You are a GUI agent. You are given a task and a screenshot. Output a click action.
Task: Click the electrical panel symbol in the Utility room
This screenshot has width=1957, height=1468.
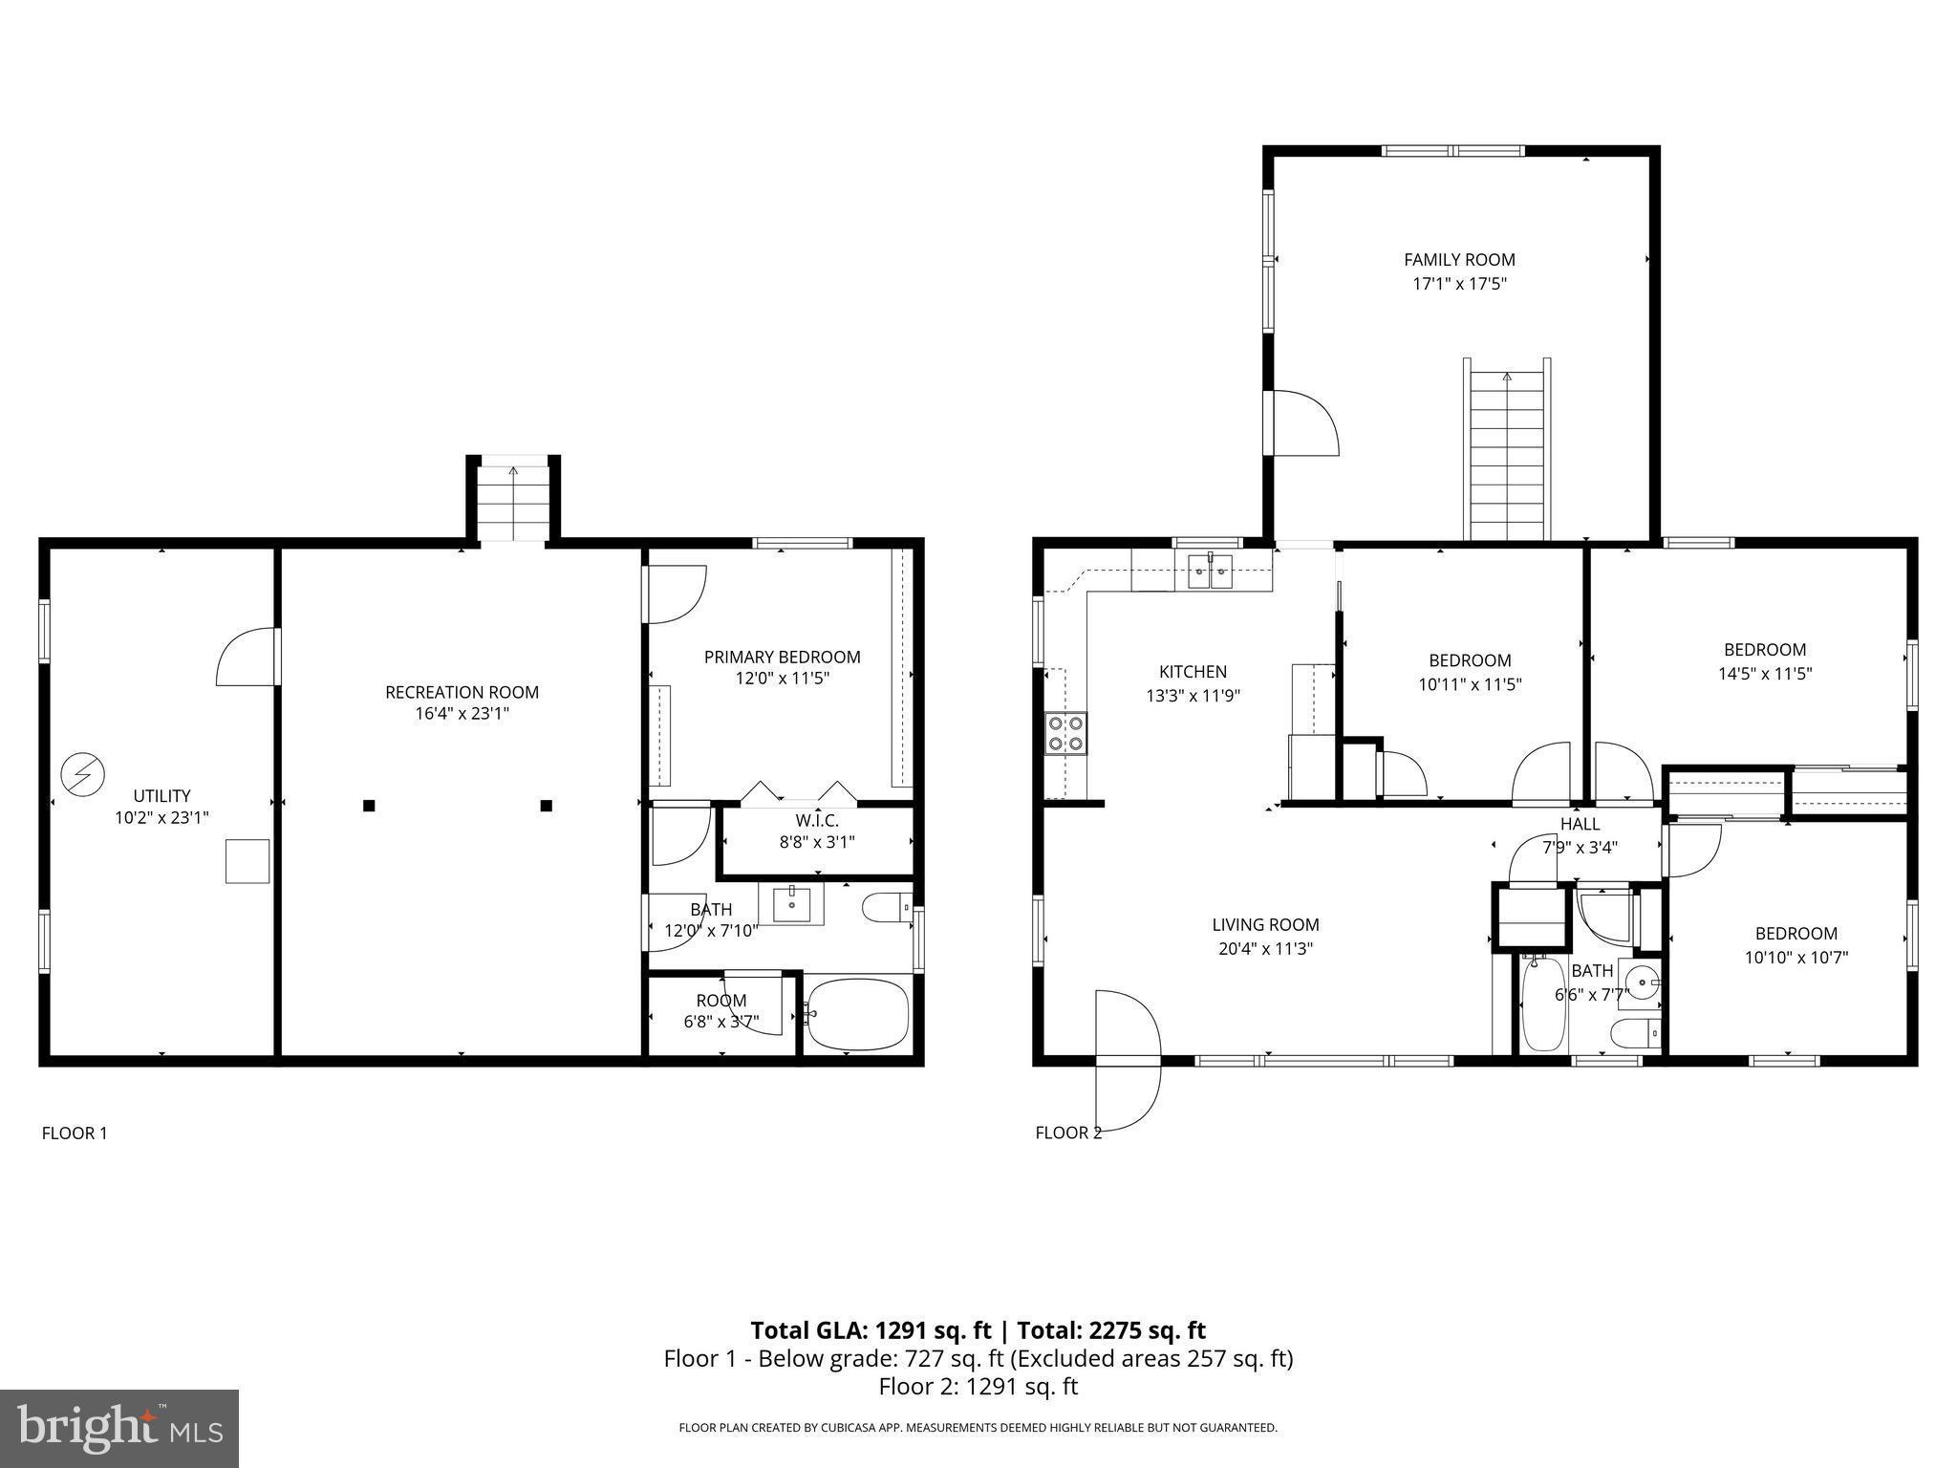coord(82,774)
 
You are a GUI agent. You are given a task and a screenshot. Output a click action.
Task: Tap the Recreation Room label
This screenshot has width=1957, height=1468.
coord(462,692)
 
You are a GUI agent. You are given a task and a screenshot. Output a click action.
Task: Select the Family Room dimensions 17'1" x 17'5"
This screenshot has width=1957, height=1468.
coord(1458,283)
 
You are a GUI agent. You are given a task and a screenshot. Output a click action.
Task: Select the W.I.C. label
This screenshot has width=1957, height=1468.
coord(816,820)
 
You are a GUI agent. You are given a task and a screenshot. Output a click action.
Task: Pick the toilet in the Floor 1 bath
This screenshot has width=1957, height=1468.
coord(885,907)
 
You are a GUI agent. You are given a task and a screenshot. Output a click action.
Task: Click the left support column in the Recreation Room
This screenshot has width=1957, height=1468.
coord(369,806)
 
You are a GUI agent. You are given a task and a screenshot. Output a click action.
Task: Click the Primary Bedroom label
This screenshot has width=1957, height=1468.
coord(782,657)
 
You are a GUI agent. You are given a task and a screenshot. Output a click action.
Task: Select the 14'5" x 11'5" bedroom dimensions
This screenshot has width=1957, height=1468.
coord(1764,673)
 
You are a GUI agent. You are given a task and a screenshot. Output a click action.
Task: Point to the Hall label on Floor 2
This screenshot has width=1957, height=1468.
coord(1580,824)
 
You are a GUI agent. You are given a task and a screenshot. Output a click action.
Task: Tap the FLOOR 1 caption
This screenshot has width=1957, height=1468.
coord(75,1133)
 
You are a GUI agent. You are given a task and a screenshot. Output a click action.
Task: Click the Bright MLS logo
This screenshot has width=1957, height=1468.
coord(119,1428)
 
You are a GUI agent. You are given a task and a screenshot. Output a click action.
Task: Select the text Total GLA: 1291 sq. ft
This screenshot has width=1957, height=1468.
coord(871,1330)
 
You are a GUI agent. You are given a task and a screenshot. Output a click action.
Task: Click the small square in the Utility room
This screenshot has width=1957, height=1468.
coord(247,861)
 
